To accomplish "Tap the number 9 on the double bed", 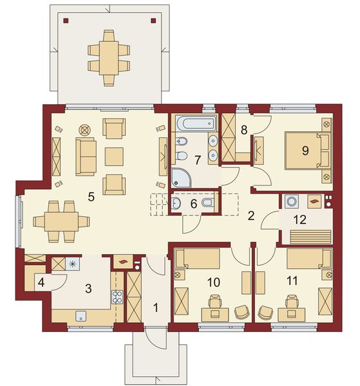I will tap(304, 150).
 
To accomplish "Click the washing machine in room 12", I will tap(291, 201).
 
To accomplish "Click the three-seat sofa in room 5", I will tap(87, 155).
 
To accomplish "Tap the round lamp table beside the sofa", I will tap(85, 129).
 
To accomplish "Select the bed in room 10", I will tap(197, 261).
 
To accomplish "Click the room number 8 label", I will tap(244, 130).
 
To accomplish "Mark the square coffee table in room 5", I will tap(114, 155).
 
